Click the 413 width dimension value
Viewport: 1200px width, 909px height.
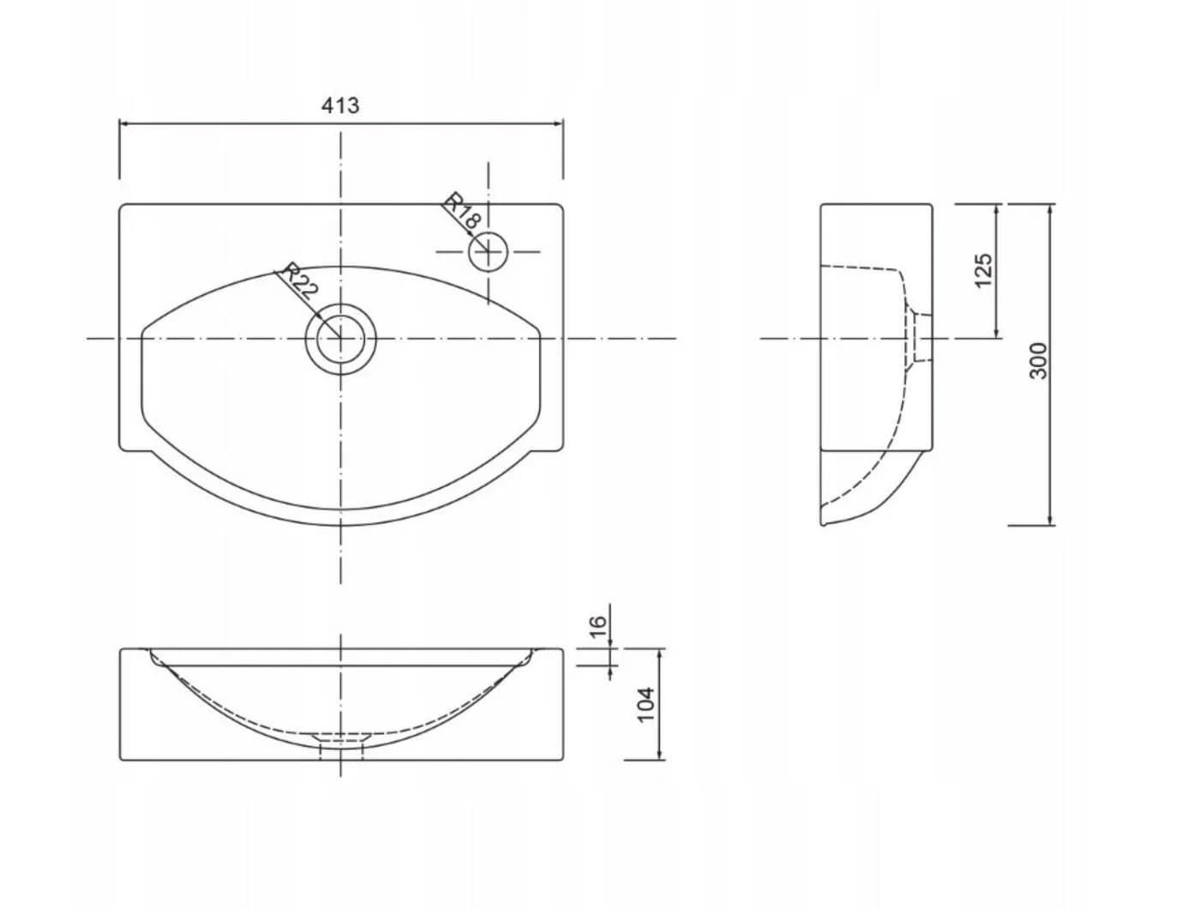coord(340,105)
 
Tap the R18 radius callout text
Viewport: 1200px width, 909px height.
coord(463,211)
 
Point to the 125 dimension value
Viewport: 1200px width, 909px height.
coord(982,270)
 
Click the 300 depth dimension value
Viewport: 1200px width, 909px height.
coord(1038,361)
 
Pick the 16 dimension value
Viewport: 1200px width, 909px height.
coord(598,626)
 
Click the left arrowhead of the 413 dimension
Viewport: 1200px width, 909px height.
coord(125,124)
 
